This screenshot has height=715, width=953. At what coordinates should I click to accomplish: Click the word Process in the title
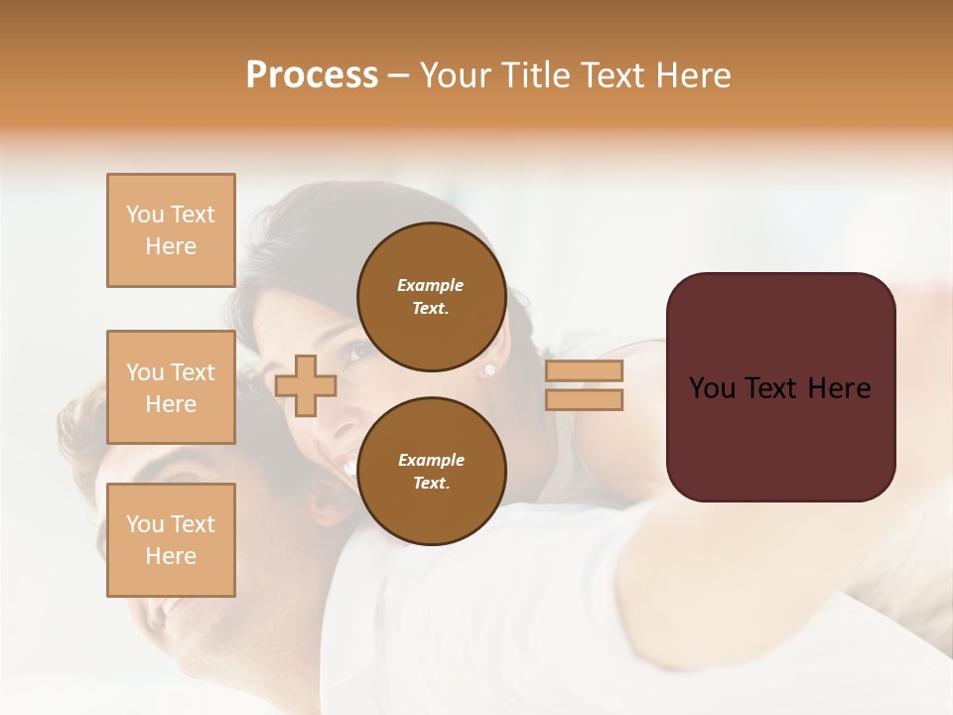(x=312, y=75)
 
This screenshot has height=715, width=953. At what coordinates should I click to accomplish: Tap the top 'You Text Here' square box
(x=171, y=230)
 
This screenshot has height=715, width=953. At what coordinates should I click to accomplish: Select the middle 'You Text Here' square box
(x=171, y=387)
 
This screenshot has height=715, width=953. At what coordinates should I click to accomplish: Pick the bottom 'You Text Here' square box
(x=171, y=539)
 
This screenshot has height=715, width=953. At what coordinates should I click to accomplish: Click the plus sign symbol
(x=306, y=385)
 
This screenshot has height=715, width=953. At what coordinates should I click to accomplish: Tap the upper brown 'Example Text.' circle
(x=431, y=297)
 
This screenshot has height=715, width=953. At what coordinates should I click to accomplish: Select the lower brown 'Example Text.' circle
(x=431, y=472)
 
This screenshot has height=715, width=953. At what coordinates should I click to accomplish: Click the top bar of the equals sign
(x=584, y=371)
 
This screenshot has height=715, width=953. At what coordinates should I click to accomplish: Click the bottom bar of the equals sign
(x=584, y=400)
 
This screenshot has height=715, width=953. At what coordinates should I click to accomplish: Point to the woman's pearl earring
(x=488, y=369)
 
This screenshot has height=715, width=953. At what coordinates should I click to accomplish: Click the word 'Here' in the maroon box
(x=839, y=388)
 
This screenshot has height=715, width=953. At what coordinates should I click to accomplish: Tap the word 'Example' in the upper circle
(x=431, y=286)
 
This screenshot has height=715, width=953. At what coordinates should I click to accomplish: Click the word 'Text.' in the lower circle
(x=431, y=484)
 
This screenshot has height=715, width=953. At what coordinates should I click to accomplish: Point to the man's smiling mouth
(x=164, y=607)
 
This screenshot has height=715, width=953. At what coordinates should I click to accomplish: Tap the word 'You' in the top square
(x=145, y=214)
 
